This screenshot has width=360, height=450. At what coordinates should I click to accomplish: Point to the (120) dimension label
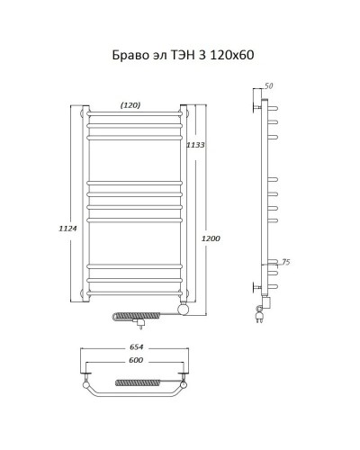point(131,106)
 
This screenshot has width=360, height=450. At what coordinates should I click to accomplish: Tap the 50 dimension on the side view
point(269,86)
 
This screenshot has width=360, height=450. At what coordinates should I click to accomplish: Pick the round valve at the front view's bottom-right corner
point(184,309)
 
